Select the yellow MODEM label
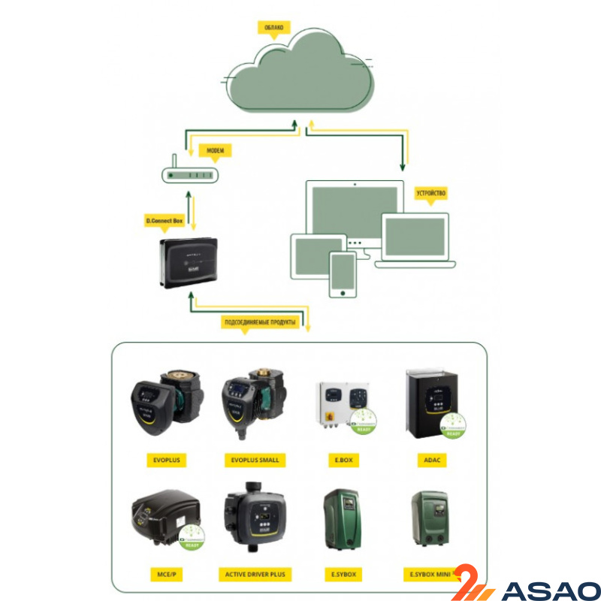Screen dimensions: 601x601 (x=216, y=150)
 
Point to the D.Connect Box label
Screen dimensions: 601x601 (x=164, y=221)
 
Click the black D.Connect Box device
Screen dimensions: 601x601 (x=189, y=262)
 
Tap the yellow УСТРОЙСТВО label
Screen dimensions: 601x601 (x=430, y=193)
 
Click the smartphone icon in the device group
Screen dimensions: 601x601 (x=343, y=274)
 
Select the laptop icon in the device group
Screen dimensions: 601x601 (x=415, y=240)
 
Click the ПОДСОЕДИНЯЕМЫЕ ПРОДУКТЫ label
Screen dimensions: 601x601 (x=261, y=323)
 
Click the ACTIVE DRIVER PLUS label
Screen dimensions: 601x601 (x=255, y=575)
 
